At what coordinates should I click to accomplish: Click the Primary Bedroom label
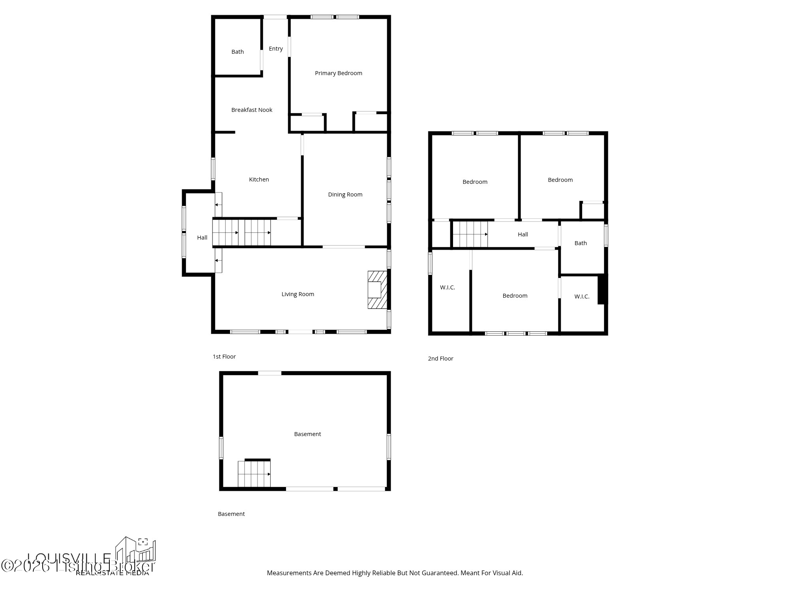[339, 73]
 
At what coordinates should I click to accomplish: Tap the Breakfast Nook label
[252, 110]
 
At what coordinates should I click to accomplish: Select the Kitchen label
[259, 179]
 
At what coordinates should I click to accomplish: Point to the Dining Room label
[345, 195]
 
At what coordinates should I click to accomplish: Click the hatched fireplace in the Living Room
[377, 290]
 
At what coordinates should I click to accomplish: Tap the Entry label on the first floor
[276, 49]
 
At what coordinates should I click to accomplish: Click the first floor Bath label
[237, 52]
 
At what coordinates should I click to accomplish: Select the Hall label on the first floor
[202, 238]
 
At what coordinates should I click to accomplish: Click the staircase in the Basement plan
[254, 474]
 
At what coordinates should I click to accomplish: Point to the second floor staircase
[470, 234]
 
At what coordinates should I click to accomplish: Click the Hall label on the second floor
[523, 234]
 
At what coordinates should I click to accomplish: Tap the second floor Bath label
[580, 243]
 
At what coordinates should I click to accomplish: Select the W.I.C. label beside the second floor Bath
[581, 296]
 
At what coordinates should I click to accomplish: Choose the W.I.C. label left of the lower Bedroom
[447, 287]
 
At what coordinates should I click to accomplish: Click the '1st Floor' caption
[224, 357]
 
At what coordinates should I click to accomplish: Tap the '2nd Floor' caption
[440, 359]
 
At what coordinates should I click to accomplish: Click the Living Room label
[297, 294]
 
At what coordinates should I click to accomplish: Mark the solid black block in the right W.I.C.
[602, 289]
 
